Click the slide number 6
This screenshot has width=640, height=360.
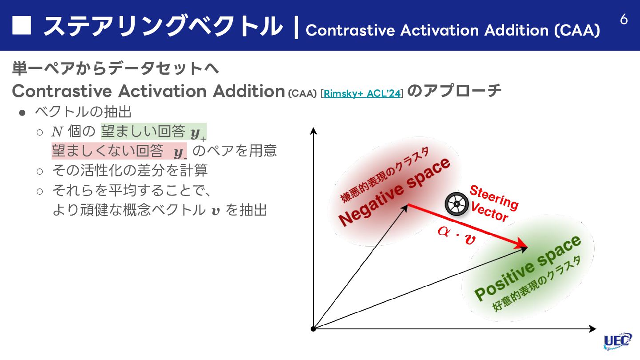(624, 20)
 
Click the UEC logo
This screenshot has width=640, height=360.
(617, 340)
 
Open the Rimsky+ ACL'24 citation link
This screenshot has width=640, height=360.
(362, 93)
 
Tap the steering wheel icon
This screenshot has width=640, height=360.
(456, 204)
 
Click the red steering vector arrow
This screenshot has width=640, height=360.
(467, 226)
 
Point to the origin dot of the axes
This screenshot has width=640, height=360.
(313, 329)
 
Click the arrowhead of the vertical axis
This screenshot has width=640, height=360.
(313, 130)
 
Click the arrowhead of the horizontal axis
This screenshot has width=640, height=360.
(592, 329)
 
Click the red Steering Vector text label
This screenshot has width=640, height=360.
(492, 204)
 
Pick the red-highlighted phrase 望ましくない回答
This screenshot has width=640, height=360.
(108, 151)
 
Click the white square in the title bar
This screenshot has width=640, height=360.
(22, 25)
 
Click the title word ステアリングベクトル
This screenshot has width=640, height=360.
(163, 26)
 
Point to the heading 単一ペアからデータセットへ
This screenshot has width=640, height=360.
(116, 69)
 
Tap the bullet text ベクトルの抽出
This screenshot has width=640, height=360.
(83, 112)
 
